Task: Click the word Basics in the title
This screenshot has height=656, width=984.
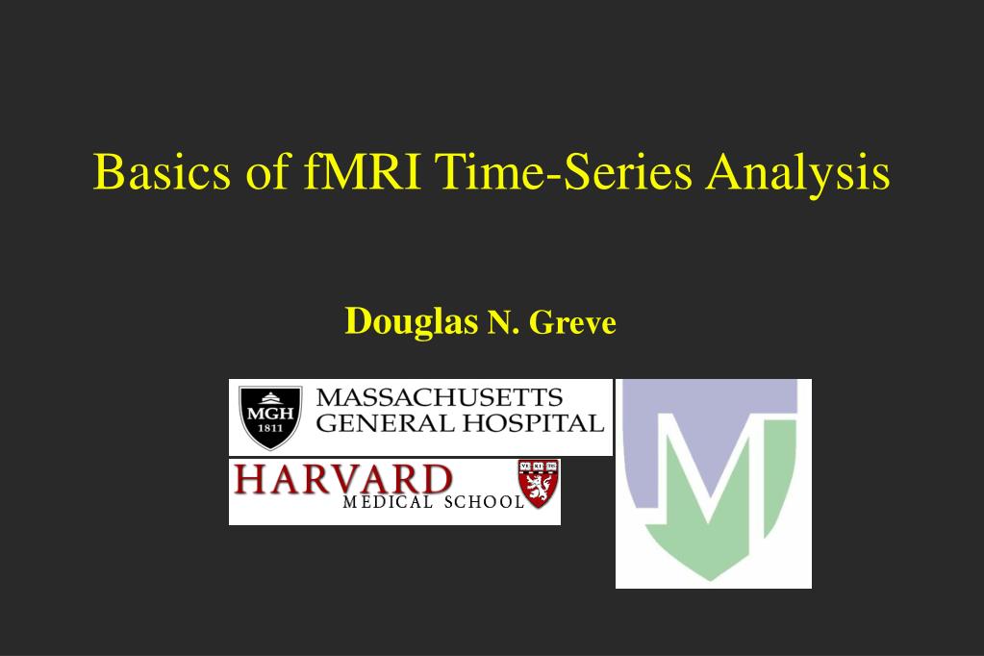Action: click(162, 171)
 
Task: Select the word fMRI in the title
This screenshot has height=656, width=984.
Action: click(362, 171)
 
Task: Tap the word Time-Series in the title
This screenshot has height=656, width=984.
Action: click(563, 171)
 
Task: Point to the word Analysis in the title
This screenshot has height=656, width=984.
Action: click(797, 172)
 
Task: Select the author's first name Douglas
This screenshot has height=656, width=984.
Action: click(411, 322)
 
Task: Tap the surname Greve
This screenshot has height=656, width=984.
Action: click(572, 322)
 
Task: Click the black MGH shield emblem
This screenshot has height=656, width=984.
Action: click(270, 417)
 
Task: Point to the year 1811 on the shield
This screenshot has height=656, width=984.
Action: click(270, 429)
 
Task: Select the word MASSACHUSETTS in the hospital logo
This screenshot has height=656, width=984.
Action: click(440, 398)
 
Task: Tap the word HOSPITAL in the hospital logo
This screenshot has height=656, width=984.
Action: click(534, 424)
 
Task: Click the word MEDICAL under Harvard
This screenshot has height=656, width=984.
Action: click(388, 502)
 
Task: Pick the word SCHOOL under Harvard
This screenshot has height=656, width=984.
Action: click(484, 502)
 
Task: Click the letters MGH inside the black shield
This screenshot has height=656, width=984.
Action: click(270, 415)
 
